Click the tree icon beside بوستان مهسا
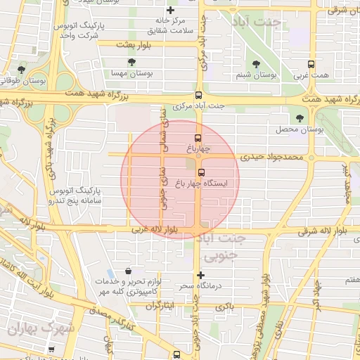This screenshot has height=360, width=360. click(131, 63)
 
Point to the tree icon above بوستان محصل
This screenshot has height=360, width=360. click(301, 118)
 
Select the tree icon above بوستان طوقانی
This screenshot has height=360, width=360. click(22, 70)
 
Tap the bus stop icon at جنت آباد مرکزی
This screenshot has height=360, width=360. click(198, 96)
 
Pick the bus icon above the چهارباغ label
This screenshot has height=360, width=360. click(198, 138)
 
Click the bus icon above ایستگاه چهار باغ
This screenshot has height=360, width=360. click(202, 172)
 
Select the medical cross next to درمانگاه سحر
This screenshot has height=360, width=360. click(202, 275)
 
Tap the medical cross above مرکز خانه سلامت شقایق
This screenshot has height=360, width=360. click(169, 11)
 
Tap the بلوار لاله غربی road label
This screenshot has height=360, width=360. click(153, 229)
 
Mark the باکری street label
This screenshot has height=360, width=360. click(224, 307)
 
